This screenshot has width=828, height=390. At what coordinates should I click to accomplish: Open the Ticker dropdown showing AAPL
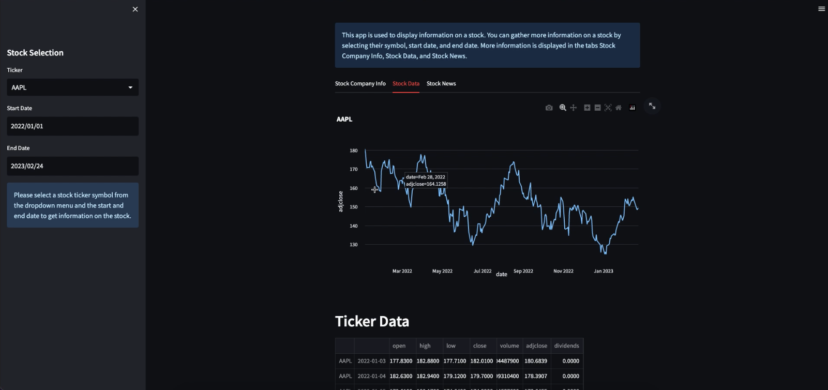coord(72,87)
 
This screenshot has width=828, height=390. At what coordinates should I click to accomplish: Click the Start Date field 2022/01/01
coord(72,126)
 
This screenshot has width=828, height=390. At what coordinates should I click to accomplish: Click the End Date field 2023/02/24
coord(72,166)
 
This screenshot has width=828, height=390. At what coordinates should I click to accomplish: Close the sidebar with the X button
coord(135,9)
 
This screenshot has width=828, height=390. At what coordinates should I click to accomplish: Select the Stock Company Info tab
coord(360,84)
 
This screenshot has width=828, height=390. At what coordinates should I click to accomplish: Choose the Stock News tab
coord(441,84)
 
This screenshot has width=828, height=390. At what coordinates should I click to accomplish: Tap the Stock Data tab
coord(406,84)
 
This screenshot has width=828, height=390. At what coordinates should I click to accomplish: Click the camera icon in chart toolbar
coord(549,108)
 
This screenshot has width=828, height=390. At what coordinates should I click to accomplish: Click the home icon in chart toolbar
coord(618,108)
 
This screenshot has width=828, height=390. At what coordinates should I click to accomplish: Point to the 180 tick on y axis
coord(354,151)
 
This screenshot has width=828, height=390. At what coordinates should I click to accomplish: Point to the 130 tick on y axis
coord(354,245)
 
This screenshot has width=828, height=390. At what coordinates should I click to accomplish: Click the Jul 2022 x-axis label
coord(483,271)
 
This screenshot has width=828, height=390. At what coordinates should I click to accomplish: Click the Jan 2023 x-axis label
coord(604,271)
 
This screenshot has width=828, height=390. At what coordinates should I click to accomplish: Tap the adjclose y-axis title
coord(340,201)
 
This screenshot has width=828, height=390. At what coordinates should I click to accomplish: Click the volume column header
coord(509,346)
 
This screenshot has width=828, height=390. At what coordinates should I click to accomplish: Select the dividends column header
coord(566,346)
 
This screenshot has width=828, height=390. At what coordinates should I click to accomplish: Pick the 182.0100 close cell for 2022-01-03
coord(481,361)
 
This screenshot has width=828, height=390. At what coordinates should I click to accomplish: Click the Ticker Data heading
coord(372,322)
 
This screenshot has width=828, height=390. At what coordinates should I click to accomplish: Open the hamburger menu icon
coord(821,9)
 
